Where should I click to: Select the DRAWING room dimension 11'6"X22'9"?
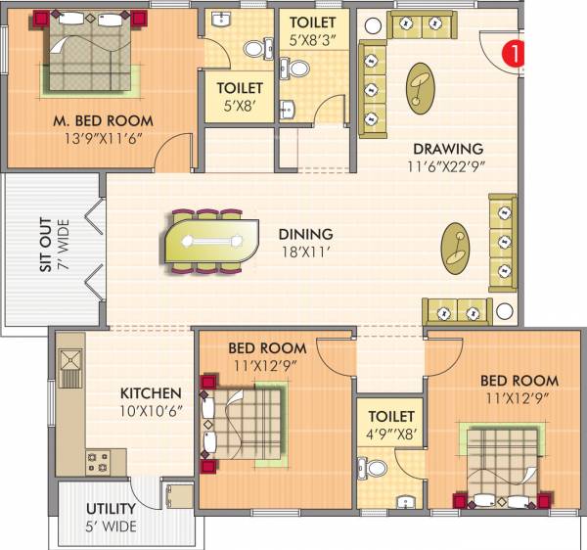pyautogui.click(x=449, y=165)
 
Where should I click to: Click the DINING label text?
pyautogui.click(x=305, y=234)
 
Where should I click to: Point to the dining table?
pyautogui.click(x=209, y=241)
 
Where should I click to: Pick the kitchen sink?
pyautogui.click(x=71, y=365)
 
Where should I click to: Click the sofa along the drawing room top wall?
pyautogui.click(x=428, y=25)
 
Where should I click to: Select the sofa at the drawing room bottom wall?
pyautogui.click(x=455, y=311)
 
